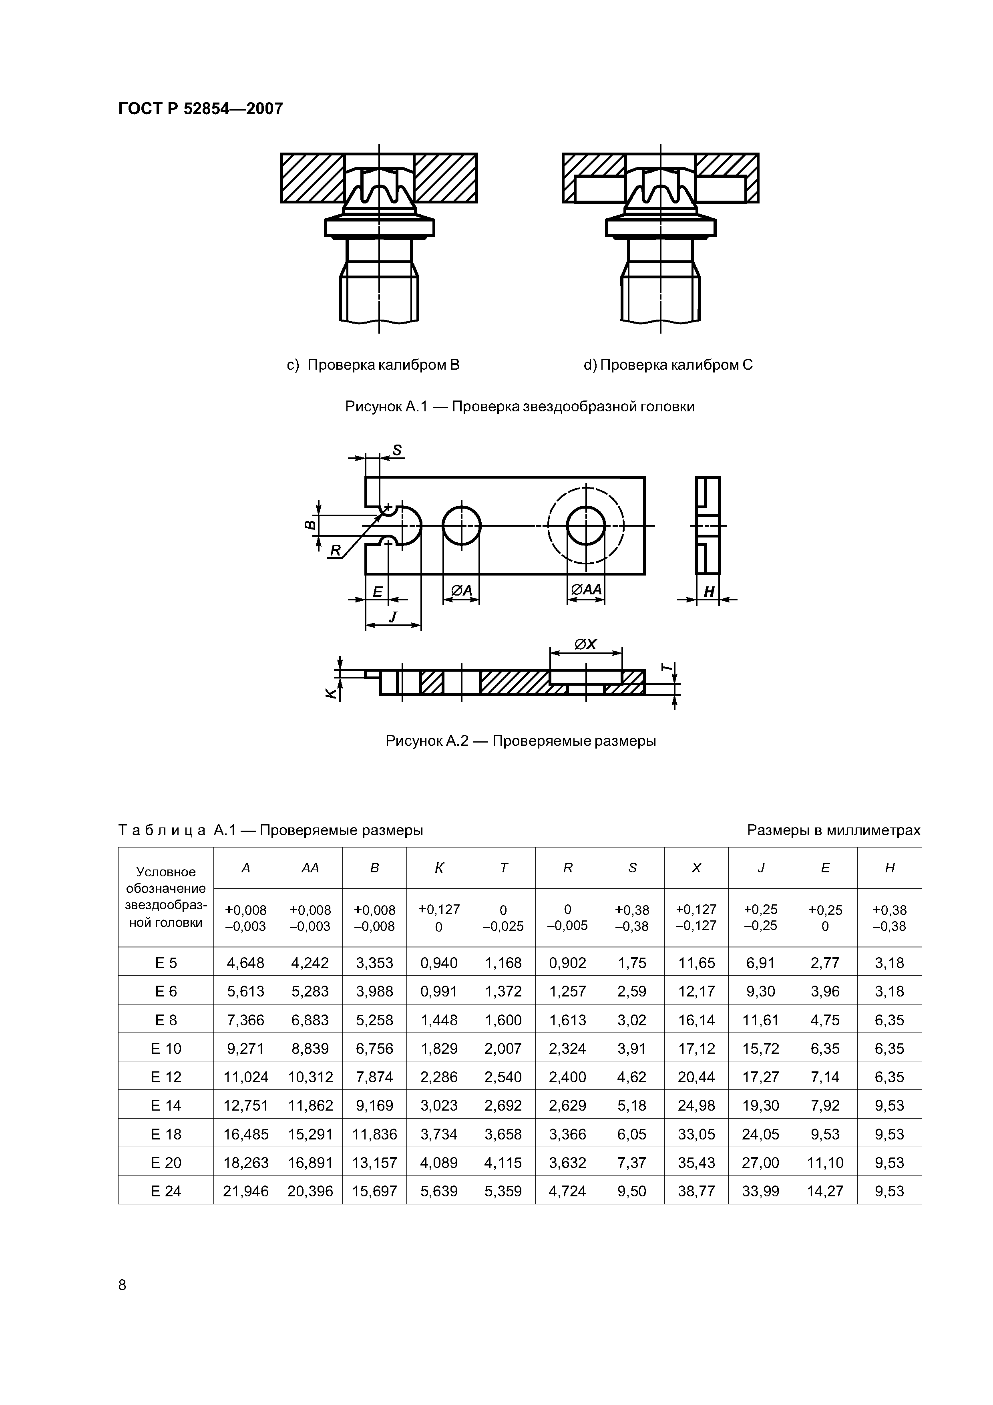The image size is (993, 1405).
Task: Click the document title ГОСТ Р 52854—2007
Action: click(200, 109)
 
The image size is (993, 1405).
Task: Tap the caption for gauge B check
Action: click(373, 365)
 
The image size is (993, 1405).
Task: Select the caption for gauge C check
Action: click(668, 365)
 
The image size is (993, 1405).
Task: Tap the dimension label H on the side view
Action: click(709, 592)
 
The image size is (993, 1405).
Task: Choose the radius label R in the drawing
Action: click(335, 551)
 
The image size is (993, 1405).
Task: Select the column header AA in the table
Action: click(310, 868)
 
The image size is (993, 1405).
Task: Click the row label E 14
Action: click(166, 1106)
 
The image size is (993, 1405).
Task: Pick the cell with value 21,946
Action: click(246, 1191)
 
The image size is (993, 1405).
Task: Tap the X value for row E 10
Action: click(696, 1049)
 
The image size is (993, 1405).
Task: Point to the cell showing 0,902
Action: click(568, 963)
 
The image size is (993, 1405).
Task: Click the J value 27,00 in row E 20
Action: click(760, 1163)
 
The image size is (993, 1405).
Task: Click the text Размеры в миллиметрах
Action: click(833, 830)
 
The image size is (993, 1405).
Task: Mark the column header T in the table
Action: click(504, 868)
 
